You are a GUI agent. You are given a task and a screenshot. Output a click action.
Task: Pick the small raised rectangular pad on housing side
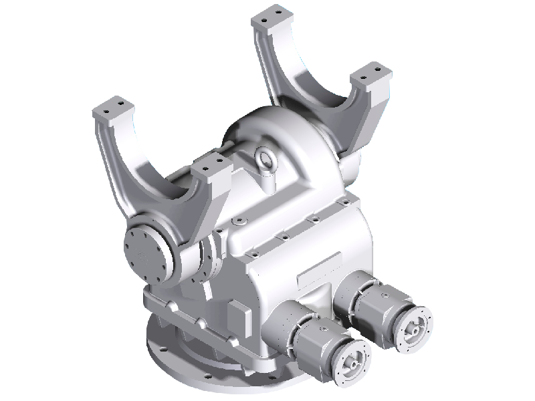pyautogui.click(x=238, y=313)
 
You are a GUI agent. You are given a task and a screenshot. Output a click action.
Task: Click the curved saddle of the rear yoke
pyautogui.click(x=314, y=87)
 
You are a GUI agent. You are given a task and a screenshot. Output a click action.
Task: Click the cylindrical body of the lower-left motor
pyautogui.click(x=314, y=341)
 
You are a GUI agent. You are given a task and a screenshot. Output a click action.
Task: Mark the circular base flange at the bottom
pyautogui.click(x=201, y=371)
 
